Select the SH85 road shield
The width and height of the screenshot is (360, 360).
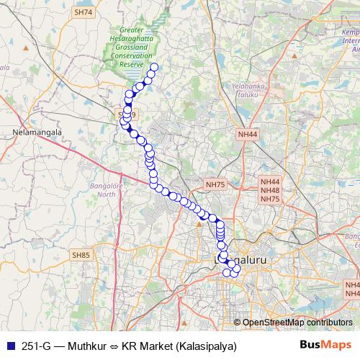(x=81, y=254)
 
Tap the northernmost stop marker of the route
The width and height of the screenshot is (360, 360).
(x=153, y=68)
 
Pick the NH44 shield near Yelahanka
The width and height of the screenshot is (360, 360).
(x=247, y=133)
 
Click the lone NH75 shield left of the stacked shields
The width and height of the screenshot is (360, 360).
(x=215, y=185)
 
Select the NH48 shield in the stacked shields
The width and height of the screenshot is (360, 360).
(x=271, y=191)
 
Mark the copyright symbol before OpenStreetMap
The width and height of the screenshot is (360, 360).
(x=238, y=323)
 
